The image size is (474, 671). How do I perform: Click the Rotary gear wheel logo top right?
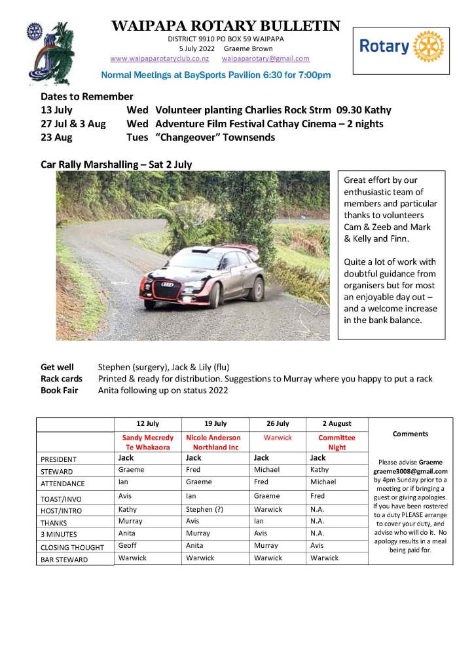pyautogui.click(x=429, y=47)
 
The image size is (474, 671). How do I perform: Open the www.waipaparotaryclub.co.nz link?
pyautogui.click(x=159, y=58)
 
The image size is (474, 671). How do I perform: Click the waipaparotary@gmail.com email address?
pyautogui.click(x=270, y=58)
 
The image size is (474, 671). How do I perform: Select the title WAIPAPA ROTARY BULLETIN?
pyautogui.click(x=226, y=26)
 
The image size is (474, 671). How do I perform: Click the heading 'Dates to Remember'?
pyautogui.click(x=86, y=96)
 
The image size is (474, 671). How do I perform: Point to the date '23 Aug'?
pyautogui.click(x=57, y=137)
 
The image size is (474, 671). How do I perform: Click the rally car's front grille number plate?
pyautogui.click(x=168, y=284)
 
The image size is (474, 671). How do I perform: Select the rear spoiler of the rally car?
pyautogui.click(x=246, y=249)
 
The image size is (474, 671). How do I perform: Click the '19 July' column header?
pyautogui.click(x=215, y=424)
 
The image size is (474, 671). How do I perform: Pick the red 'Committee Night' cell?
pyautogui.click(x=337, y=442)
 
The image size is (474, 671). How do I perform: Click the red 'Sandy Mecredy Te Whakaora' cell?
pyautogui.click(x=148, y=442)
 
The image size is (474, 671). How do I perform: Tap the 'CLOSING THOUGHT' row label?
pyautogui.click(x=72, y=547)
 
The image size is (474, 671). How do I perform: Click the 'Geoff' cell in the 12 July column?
pyautogui.click(x=128, y=545)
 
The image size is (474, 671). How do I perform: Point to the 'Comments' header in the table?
pyautogui.click(x=410, y=434)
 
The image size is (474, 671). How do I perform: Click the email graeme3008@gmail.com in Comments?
pyautogui.click(x=410, y=471)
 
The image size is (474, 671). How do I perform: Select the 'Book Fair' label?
pyautogui.click(x=59, y=391)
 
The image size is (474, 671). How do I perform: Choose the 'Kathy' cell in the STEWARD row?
pyautogui.click(x=319, y=470)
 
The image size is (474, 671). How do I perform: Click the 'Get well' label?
pyautogui.click(x=57, y=367)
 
